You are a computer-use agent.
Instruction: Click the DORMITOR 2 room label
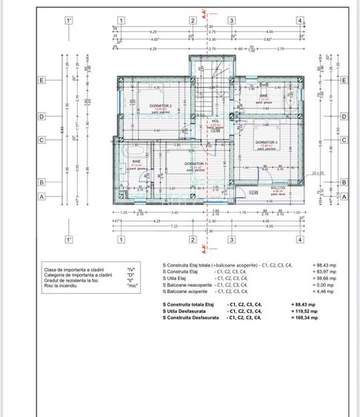point(160,106)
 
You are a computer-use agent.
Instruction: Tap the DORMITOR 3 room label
point(266,142)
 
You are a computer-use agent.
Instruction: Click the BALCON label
point(278,188)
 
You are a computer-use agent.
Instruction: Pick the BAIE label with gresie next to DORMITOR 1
point(136,161)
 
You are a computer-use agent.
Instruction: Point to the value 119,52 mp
point(304,311)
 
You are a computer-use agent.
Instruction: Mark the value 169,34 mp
point(304,318)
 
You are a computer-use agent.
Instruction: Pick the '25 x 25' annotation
point(318,173)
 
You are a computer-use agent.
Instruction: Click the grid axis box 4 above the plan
point(299,21)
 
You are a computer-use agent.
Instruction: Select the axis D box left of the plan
point(42,116)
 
